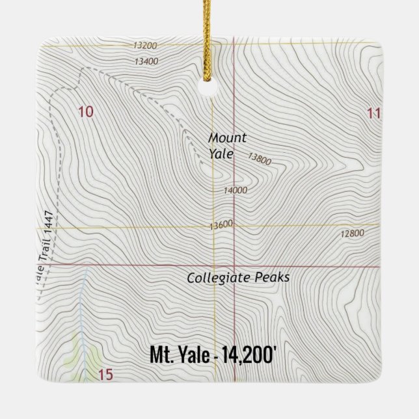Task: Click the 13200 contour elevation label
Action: [144, 46]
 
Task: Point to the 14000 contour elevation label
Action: [236, 190]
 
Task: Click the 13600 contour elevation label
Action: [221, 225]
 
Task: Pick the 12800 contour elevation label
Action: [351, 234]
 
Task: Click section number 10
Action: [85, 112]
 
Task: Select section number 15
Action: [106, 374]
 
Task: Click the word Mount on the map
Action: [227, 138]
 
